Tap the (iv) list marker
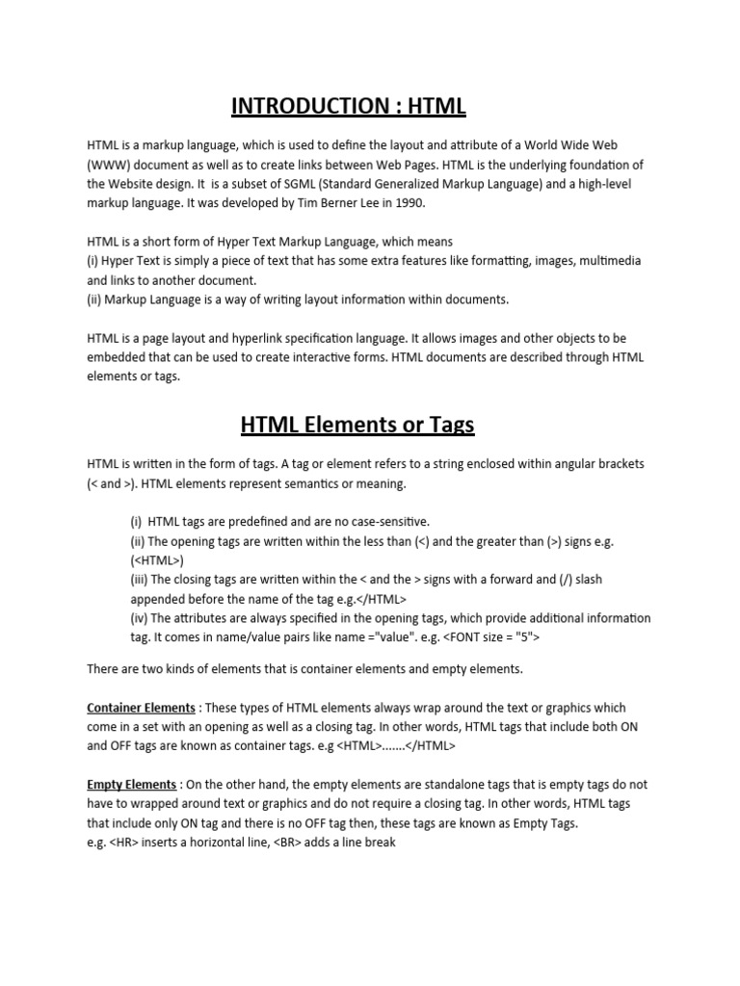point(139,617)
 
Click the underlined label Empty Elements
point(131,785)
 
